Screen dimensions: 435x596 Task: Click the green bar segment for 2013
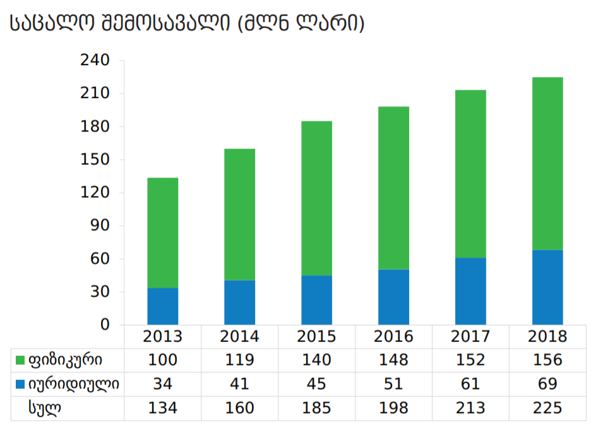(163, 233)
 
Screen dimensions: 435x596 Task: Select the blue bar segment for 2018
(547, 287)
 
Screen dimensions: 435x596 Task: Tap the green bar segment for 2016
(393, 188)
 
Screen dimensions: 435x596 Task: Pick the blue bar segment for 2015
(316, 300)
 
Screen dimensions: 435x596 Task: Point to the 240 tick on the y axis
(95, 61)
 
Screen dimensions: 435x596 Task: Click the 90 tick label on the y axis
(100, 226)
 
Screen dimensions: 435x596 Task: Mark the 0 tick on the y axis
(105, 325)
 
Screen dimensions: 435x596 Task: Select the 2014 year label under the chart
(239, 336)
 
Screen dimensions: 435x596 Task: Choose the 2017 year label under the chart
(470, 336)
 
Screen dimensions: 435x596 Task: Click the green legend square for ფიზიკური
(20, 360)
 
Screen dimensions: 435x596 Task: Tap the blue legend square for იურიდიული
(20, 384)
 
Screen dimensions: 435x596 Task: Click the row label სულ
(44, 408)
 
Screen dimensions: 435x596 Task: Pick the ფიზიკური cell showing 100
(163, 360)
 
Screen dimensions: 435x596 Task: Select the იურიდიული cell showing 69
(547, 384)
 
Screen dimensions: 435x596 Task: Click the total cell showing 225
(547, 408)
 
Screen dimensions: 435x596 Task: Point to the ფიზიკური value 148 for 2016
(393, 360)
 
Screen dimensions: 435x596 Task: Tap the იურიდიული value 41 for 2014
(239, 384)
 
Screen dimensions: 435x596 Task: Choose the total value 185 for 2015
(316, 408)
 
